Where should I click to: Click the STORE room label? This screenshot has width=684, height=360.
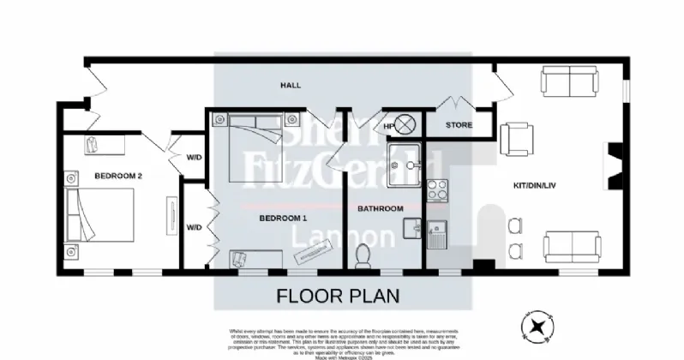(x=459, y=126)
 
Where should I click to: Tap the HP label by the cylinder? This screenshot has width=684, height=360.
(x=388, y=127)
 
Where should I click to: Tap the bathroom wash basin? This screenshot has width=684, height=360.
(x=409, y=229)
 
